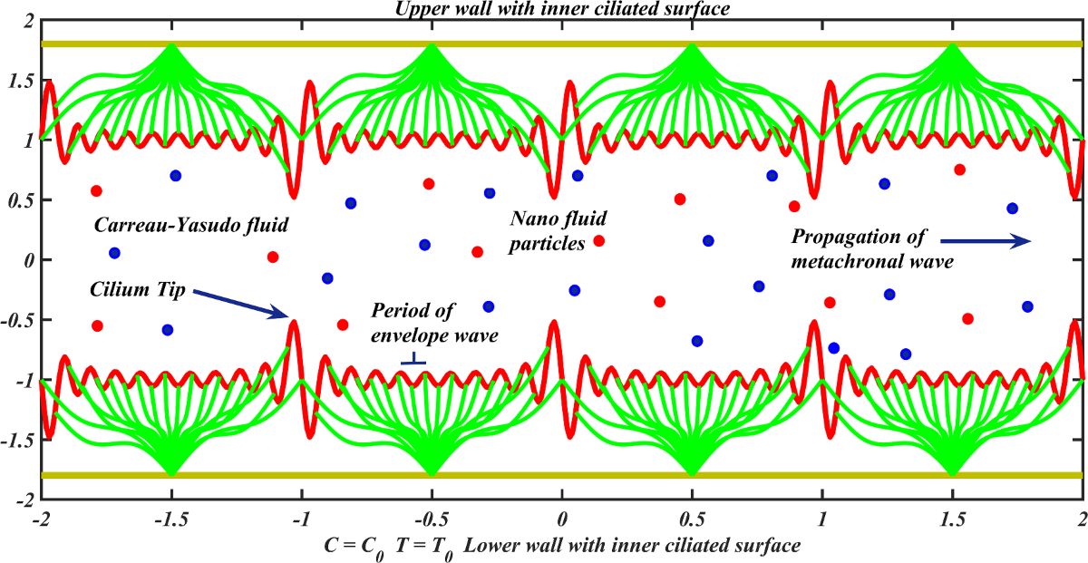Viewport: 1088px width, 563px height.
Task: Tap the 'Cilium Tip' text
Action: pyautogui.click(x=137, y=290)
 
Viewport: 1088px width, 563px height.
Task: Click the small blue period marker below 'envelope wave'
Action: pyautogui.click(x=413, y=362)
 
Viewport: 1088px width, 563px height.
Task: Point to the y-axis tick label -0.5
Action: pyautogui.click(x=17, y=320)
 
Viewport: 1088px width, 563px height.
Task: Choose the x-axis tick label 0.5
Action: pyautogui.click(x=692, y=521)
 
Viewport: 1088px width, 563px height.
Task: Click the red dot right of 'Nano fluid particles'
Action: pyautogui.click(x=598, y=241)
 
